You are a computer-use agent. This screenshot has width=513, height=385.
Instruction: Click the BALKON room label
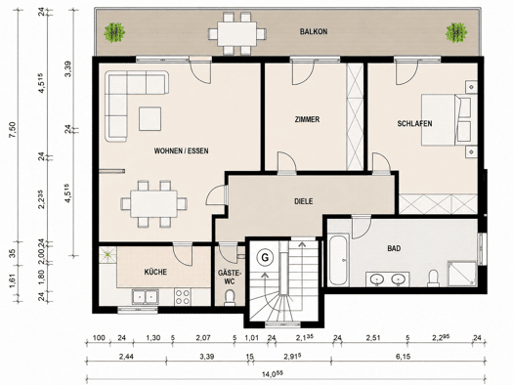[x=314, y=31]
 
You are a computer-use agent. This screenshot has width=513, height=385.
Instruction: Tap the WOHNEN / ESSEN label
[x=181, y=150]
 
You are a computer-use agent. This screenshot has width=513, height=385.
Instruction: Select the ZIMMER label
[x=307, y=119]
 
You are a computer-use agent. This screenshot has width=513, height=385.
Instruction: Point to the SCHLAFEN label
[x=414, y=123]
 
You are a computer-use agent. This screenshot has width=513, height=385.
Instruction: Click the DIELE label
[x=304, y=201]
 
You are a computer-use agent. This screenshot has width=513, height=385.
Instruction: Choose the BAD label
[x=394, y=248]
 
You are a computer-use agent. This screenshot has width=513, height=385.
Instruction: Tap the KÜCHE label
[x=155, y=272]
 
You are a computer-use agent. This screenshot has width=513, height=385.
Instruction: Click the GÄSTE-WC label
[x=230, y=277]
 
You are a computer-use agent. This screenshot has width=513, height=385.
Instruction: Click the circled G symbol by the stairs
[x=265, y=258]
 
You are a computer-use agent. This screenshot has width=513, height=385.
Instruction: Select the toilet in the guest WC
[x=230, y=297]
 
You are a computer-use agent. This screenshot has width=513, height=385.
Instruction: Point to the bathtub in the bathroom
[x=339, y=260]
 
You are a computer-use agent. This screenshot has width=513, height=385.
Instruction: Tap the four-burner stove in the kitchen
[x=183, y=297]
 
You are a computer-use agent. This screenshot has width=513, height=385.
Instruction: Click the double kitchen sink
[x=145, y=297]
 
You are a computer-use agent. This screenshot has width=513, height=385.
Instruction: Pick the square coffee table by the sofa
[x=150, y=119]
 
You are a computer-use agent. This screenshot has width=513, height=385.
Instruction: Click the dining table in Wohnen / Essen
[x=153, y=203]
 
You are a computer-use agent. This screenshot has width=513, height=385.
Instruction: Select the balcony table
[x=237, y=33]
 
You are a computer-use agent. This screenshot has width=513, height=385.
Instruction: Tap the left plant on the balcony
[x=114, y=32]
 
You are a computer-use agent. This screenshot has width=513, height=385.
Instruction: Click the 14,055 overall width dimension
[x=273, y=373]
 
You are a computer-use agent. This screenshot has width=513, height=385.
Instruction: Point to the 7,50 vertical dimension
[x=13, y=130]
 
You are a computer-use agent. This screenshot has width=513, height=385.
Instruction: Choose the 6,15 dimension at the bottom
[x=403, y=357]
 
